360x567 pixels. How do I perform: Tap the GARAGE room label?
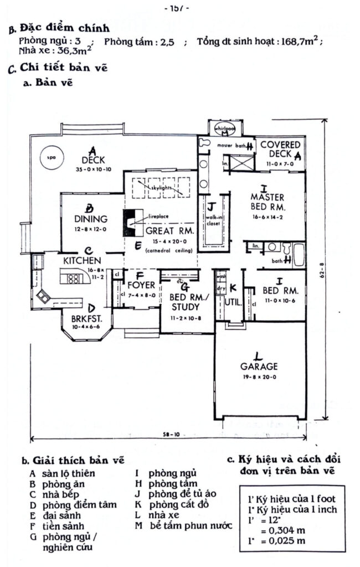click(259, 366)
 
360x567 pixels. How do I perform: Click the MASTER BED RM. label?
click(267, 202)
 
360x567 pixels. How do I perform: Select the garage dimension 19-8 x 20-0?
click(259, 376)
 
